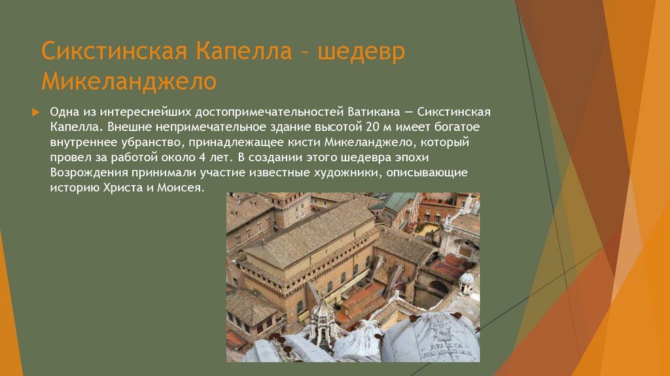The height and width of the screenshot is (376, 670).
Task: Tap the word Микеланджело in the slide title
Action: [129, 81]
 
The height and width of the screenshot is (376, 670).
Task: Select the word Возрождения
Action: [85, 173]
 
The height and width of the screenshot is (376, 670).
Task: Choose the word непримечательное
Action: [192, 126]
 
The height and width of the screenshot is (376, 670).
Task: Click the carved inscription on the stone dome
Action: [446, 343]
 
